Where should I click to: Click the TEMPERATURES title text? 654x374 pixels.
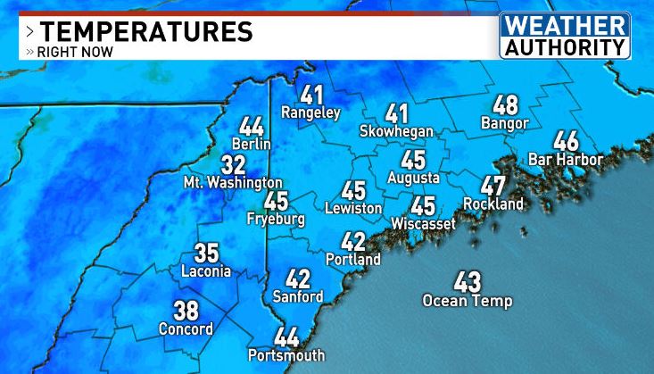(x=146, y=31)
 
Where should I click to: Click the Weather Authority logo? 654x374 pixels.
(x=564, y=36)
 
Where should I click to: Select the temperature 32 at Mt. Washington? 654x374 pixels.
(x=233, y=166)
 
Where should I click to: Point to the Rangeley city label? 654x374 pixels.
(x=311, y=113)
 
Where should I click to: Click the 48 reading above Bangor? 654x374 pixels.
(x=505, y=105)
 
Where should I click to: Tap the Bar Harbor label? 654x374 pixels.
(x=566, y=160)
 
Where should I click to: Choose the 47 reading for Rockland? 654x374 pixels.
(x=493, y=187)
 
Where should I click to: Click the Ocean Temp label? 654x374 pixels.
(x=468, y=301)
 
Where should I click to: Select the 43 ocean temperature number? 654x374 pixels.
(x=468, y=282)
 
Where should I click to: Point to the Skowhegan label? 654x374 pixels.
(x=396, y=131)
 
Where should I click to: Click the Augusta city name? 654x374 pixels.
(x=413, y=178)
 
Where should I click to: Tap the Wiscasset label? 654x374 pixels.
(x=423, y=222)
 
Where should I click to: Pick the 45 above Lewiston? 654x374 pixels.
(x=353, y=190)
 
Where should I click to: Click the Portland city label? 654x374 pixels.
(x=353, y=260)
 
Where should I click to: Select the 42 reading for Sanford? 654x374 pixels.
(x=298, y=279)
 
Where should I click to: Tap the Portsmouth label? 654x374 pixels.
(x=287, y=355)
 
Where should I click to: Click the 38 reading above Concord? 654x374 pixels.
(x=186, y=311)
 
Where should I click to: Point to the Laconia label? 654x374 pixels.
(x=206, y=271)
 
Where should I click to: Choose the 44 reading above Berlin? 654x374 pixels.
(x=251, y=127)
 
